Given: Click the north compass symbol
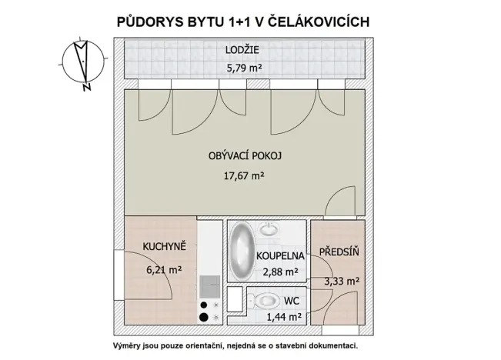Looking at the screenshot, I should pyautogui.click(x=84, y=61).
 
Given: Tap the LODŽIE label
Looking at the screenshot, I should pyautogui.click(x=242, y=51).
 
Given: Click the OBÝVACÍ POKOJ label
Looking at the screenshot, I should pyautogui.click(x=245, y=156).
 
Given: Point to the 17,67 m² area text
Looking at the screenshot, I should pyautogui.click(x=245, y=175).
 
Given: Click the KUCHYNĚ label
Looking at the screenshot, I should pyautogui.click(x=164, y=246).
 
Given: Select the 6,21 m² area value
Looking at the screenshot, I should pyautogui.click(x=162, y=270).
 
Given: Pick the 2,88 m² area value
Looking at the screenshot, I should pyautogui.click(x=280, y=272).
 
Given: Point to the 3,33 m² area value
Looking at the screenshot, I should pyautogui.click(x=340, y=281).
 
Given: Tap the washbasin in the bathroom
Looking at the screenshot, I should pyautogui.click(x=270, y=229).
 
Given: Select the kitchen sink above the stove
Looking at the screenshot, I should pyautogui.click(x=209, y=288).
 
